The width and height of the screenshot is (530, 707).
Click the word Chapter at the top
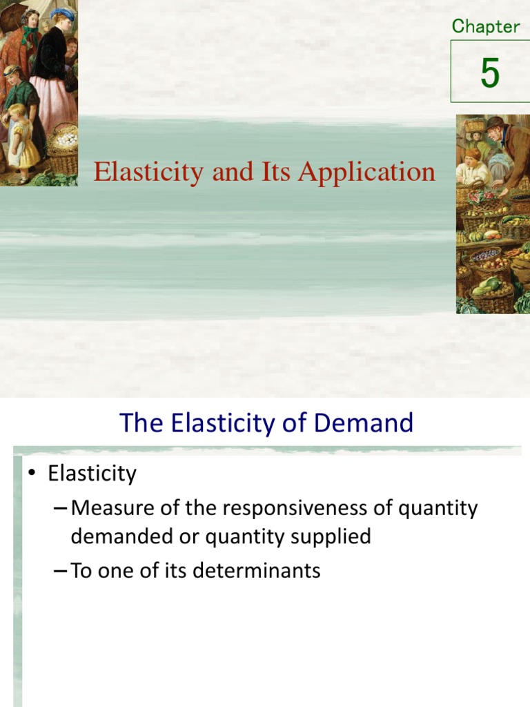click(486, 26)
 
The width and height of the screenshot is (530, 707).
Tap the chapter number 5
click(490, 72)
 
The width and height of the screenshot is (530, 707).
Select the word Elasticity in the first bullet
click(92, 474)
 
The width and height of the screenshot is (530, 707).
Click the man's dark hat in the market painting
click(495, 122)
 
